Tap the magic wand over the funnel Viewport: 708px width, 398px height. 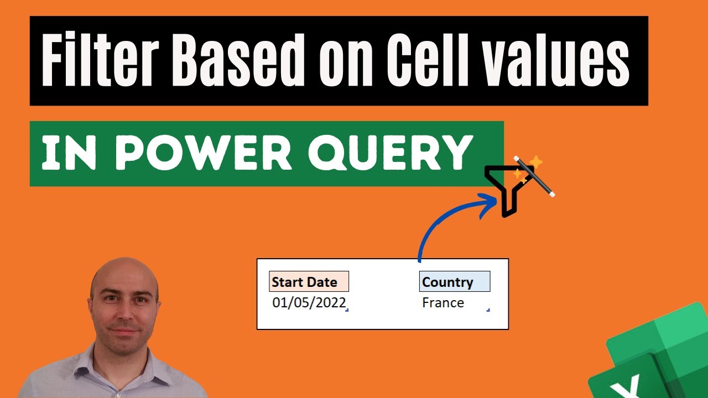[x=534, y=176]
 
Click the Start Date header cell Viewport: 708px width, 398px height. [x=309, y=282]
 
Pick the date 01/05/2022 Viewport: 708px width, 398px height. [x=309, y=303]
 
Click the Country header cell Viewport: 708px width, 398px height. [x=454, y=282]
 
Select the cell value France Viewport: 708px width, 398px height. [x=442, y=303]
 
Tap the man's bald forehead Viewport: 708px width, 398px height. [x=124, y=279]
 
